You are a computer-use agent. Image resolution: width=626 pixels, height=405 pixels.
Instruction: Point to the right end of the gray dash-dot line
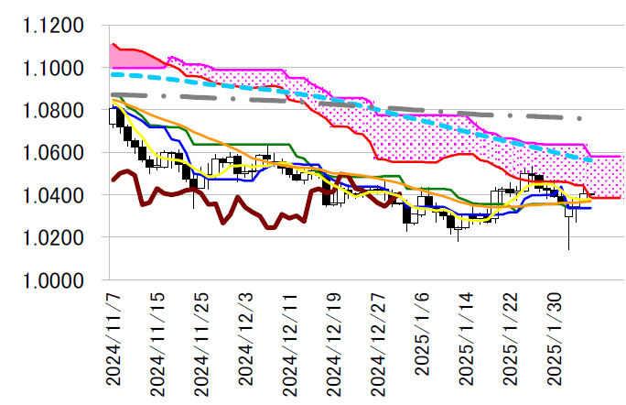pos(580,118)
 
